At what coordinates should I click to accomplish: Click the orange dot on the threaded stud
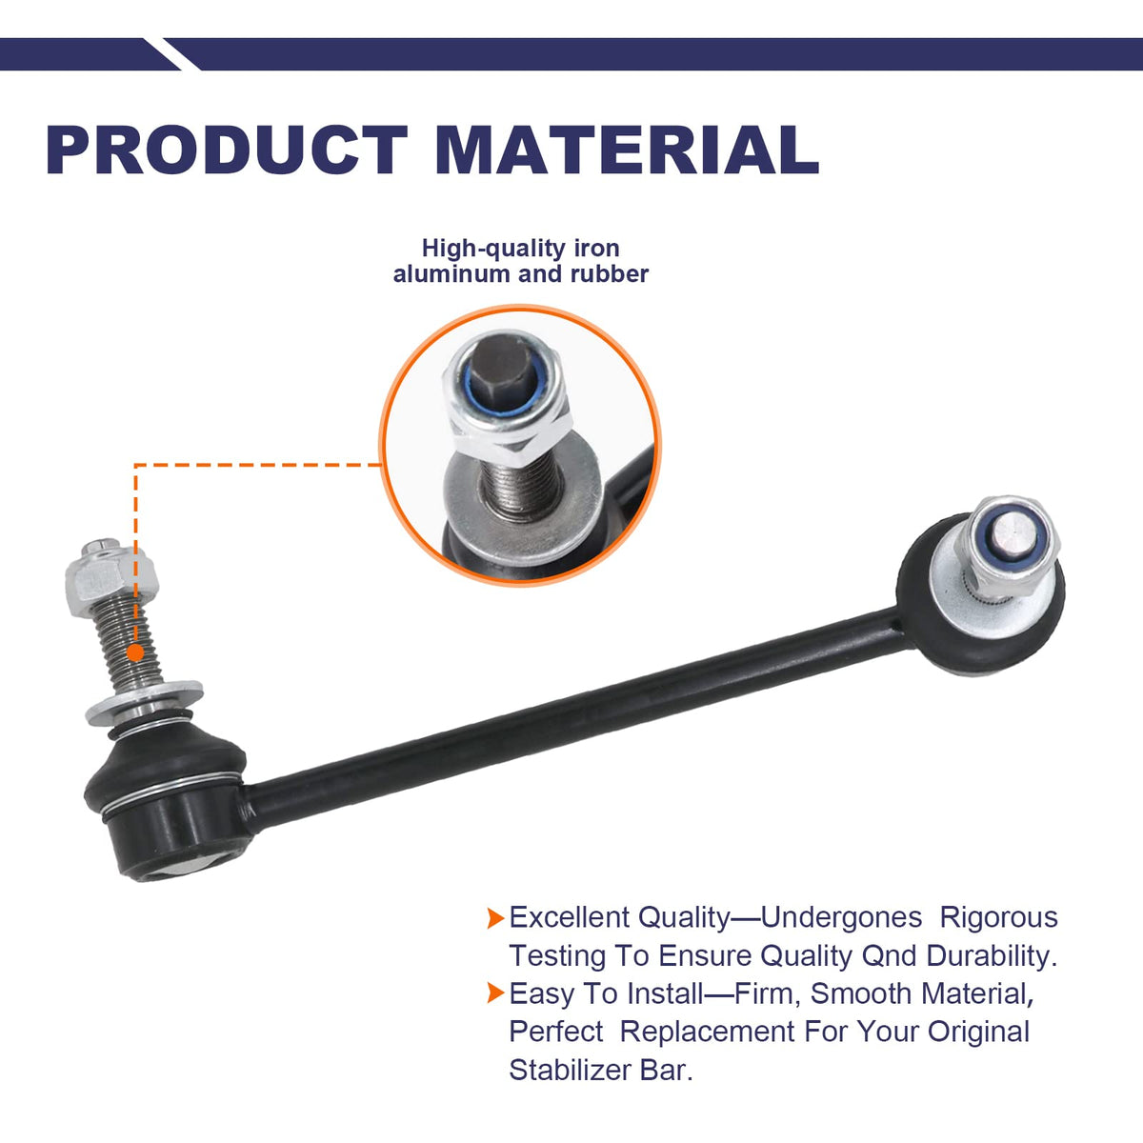tap(136, 653)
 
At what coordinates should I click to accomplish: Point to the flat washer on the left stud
tap(144, 703)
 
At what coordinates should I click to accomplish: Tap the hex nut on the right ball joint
tap(1007, 548)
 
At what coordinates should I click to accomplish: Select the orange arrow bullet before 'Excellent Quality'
tap(495, 917)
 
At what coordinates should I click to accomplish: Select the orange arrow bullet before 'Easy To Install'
tap(495, 993)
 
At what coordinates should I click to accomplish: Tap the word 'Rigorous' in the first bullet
tap(999, 917)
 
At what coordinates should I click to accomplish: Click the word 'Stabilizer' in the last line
tap(570, 1071)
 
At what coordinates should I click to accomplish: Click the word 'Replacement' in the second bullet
tap(707, 1033)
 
